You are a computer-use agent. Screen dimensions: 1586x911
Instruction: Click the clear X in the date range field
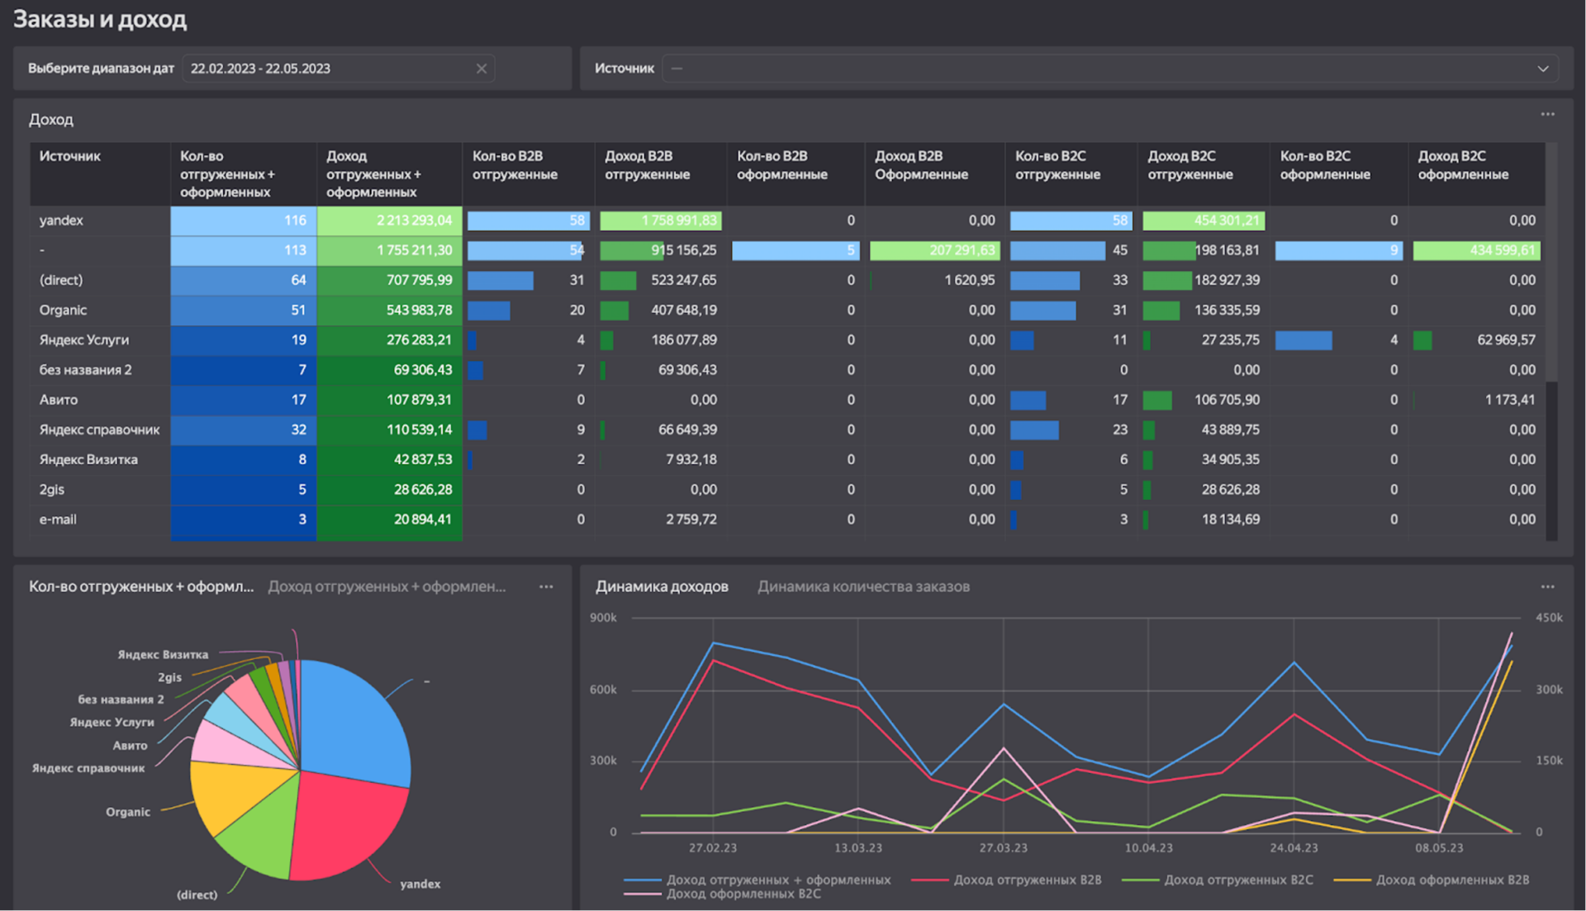coord(482,69)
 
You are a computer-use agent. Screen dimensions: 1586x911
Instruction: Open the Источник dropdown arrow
coord(1542,69)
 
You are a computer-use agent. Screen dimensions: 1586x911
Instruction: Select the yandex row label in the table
coord(61,221)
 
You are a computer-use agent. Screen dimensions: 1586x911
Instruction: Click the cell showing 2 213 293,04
coord(389,221)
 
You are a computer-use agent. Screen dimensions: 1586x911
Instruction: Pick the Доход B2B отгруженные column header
coord(647,165)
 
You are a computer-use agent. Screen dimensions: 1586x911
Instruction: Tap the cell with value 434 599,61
coord(1476,250)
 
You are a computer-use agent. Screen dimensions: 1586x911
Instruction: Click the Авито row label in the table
coord(59,400)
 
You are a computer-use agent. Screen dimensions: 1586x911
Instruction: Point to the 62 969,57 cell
coord(1506,339)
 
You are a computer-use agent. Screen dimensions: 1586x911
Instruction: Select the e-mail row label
coord(58,520)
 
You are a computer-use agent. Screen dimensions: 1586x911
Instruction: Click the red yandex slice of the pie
coord(347,826)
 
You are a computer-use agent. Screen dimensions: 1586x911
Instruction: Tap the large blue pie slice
coord(355,719)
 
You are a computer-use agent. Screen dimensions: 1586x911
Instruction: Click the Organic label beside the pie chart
coord(128,812)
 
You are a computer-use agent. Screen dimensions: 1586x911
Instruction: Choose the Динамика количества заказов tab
coord(863,586)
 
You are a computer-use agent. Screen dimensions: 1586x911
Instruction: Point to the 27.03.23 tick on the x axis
coord(1003,848)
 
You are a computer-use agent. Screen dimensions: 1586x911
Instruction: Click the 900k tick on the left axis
coord(603,618)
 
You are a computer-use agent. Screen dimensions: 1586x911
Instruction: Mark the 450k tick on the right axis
coord(1549,618)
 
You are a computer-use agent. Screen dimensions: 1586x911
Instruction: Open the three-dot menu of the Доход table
coord(1547,115)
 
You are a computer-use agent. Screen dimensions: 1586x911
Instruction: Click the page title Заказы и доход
coord(100,19)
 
